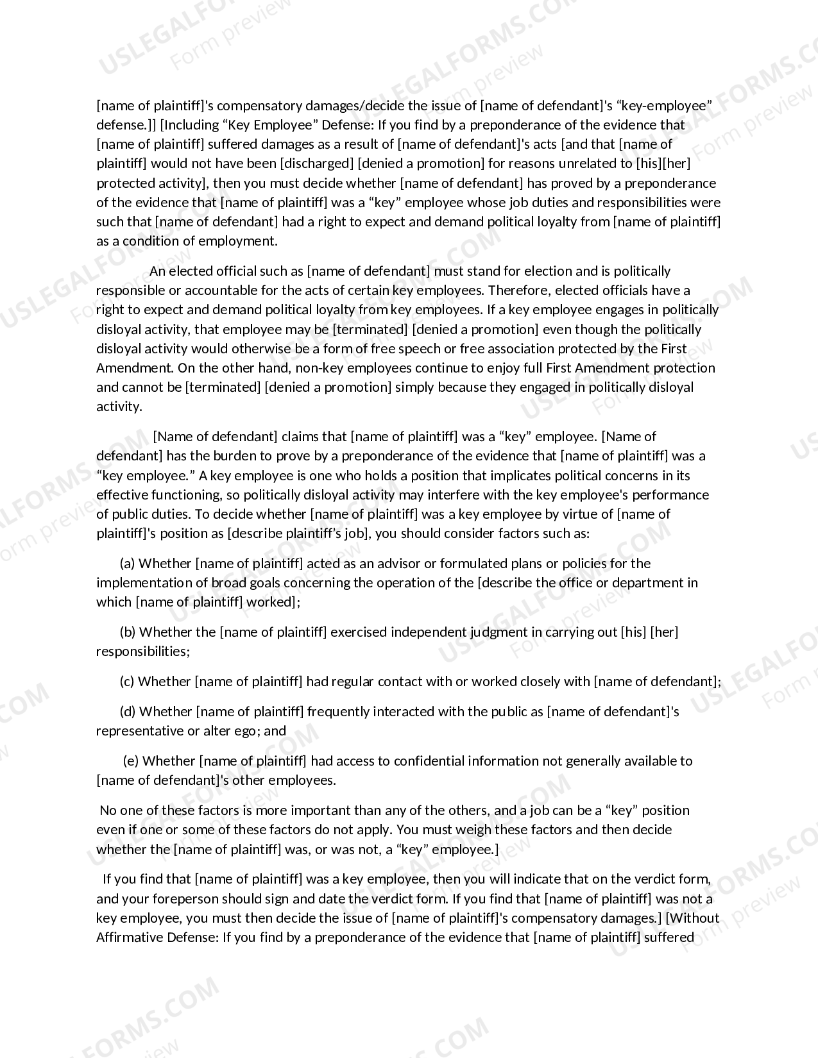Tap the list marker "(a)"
[127, 564]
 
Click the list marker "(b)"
[128, 632]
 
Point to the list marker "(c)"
[126, 682]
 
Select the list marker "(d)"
[128, 712]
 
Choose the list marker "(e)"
[131, 761]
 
